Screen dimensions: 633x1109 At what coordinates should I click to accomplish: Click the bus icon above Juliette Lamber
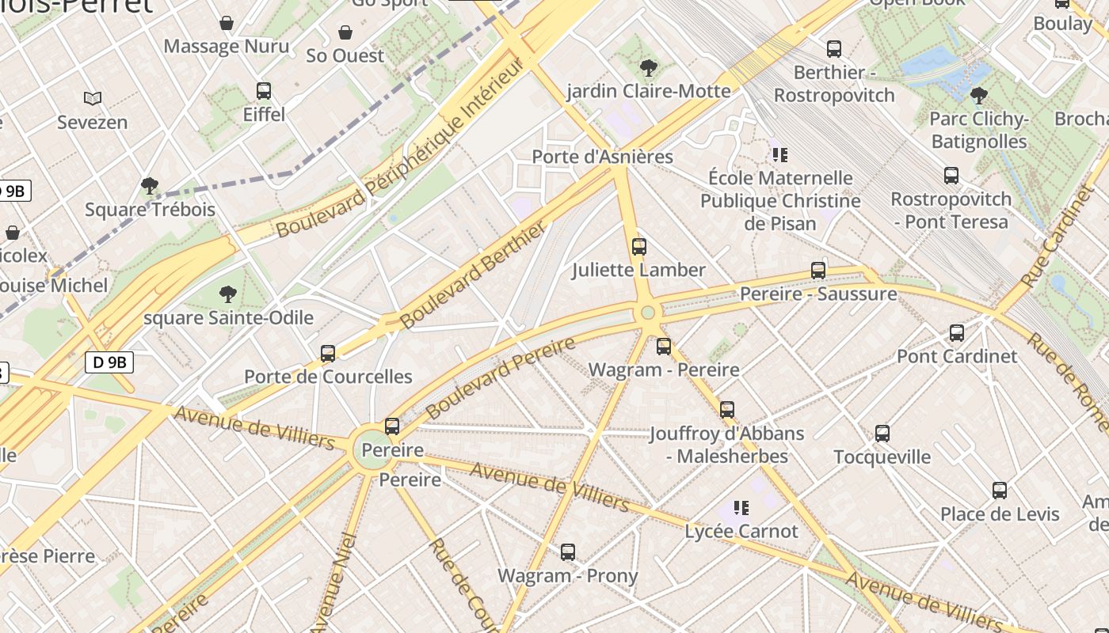click(639, 247)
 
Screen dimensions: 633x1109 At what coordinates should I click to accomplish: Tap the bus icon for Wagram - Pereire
click(664, 347)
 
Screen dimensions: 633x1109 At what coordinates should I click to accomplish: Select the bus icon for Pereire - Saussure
click(818, 271)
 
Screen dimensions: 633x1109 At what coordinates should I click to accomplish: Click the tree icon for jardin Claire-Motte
click(649, 67)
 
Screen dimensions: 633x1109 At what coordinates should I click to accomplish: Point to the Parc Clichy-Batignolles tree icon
click(979, 96)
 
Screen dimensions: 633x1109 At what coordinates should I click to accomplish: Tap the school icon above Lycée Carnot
click(741, 507)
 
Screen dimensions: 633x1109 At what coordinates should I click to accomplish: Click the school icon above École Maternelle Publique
click(780, 154)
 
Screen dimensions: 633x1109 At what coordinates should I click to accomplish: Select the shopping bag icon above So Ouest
click(345, 32)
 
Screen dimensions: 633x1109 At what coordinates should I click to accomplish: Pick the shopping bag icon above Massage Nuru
click(227, 23)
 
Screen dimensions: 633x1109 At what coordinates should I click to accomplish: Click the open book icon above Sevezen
click(93, 99)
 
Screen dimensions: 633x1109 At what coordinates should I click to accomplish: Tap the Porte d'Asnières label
click(602, 157)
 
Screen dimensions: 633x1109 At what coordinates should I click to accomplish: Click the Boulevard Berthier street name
click(473, 275)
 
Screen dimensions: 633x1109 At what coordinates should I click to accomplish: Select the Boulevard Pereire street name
click(500, 378)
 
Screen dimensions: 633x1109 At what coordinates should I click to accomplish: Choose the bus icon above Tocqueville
click(882, 434)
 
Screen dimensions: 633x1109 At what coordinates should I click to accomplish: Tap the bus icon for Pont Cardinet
click(957, 333)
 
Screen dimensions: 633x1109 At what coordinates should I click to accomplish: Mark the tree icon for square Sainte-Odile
click(228, 294)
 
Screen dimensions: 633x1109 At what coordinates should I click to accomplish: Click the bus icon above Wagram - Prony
click(568, 552)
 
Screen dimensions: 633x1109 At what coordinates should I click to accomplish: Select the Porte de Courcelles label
click(328, 377)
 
